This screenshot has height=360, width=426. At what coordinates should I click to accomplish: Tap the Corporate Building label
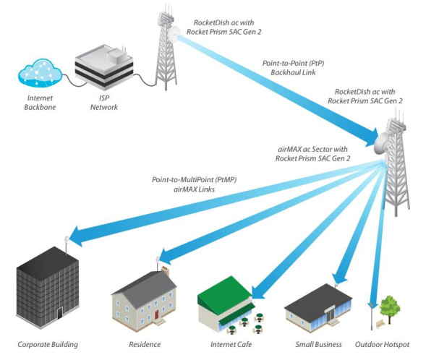click(48, 344)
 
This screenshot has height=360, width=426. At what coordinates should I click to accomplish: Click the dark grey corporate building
click(47, 289)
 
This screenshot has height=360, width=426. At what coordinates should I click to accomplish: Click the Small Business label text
click(318, 344)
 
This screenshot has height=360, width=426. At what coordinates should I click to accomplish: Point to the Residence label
click(145, 344)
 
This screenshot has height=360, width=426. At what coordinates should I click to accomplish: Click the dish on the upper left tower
click(174, 33)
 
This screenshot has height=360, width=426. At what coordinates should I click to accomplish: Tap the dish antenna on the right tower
click(381, 149)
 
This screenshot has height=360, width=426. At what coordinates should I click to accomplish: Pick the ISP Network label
click(104, 103)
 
